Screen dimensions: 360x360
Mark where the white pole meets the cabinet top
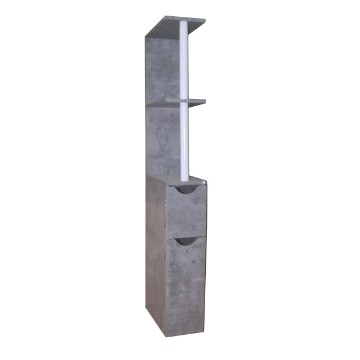click(x=185, y=178)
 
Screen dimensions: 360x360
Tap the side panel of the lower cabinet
click(x=155, y=252)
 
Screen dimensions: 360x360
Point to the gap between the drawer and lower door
click(x=187, y=236)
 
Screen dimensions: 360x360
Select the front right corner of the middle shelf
click(x=205, y=101)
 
